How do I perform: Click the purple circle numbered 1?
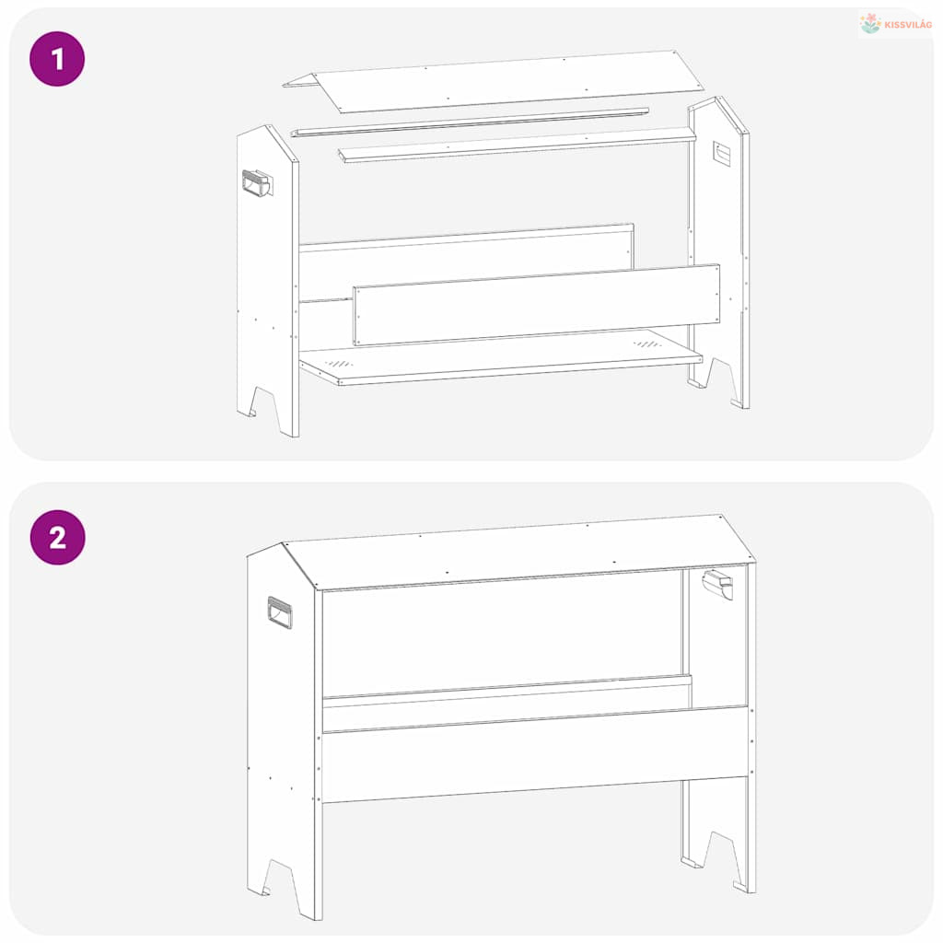click(57, 59)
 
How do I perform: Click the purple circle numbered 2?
click(58, 537)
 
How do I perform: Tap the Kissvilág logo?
click(895, 24)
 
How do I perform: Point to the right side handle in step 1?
click(722, 153)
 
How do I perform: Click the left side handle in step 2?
click(280, 612)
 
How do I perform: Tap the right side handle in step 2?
click(718, 585)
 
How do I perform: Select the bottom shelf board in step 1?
click(501, 358)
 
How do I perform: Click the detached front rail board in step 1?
click(537, 305)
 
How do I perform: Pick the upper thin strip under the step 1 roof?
click(471, 122)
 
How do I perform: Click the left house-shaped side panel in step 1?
click(268, 280)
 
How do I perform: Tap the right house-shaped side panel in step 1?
click(719, 252)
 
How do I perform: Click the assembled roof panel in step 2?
click(519, 553)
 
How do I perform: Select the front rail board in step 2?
click(535, 755)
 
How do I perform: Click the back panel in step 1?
click(466, 264)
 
